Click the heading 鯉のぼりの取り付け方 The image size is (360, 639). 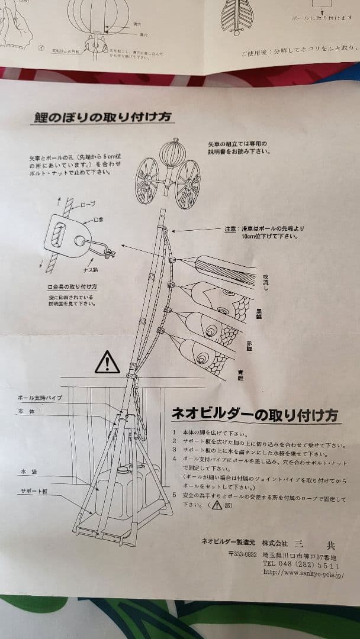point(102,117)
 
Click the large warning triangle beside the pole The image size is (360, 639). point(107,362)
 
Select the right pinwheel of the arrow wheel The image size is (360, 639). point(188,183)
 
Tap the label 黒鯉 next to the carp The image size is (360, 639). point(259,314)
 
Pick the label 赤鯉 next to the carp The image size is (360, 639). point(256,345)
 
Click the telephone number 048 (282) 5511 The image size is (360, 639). point(301,565)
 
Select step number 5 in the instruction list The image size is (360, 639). point(174,494)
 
